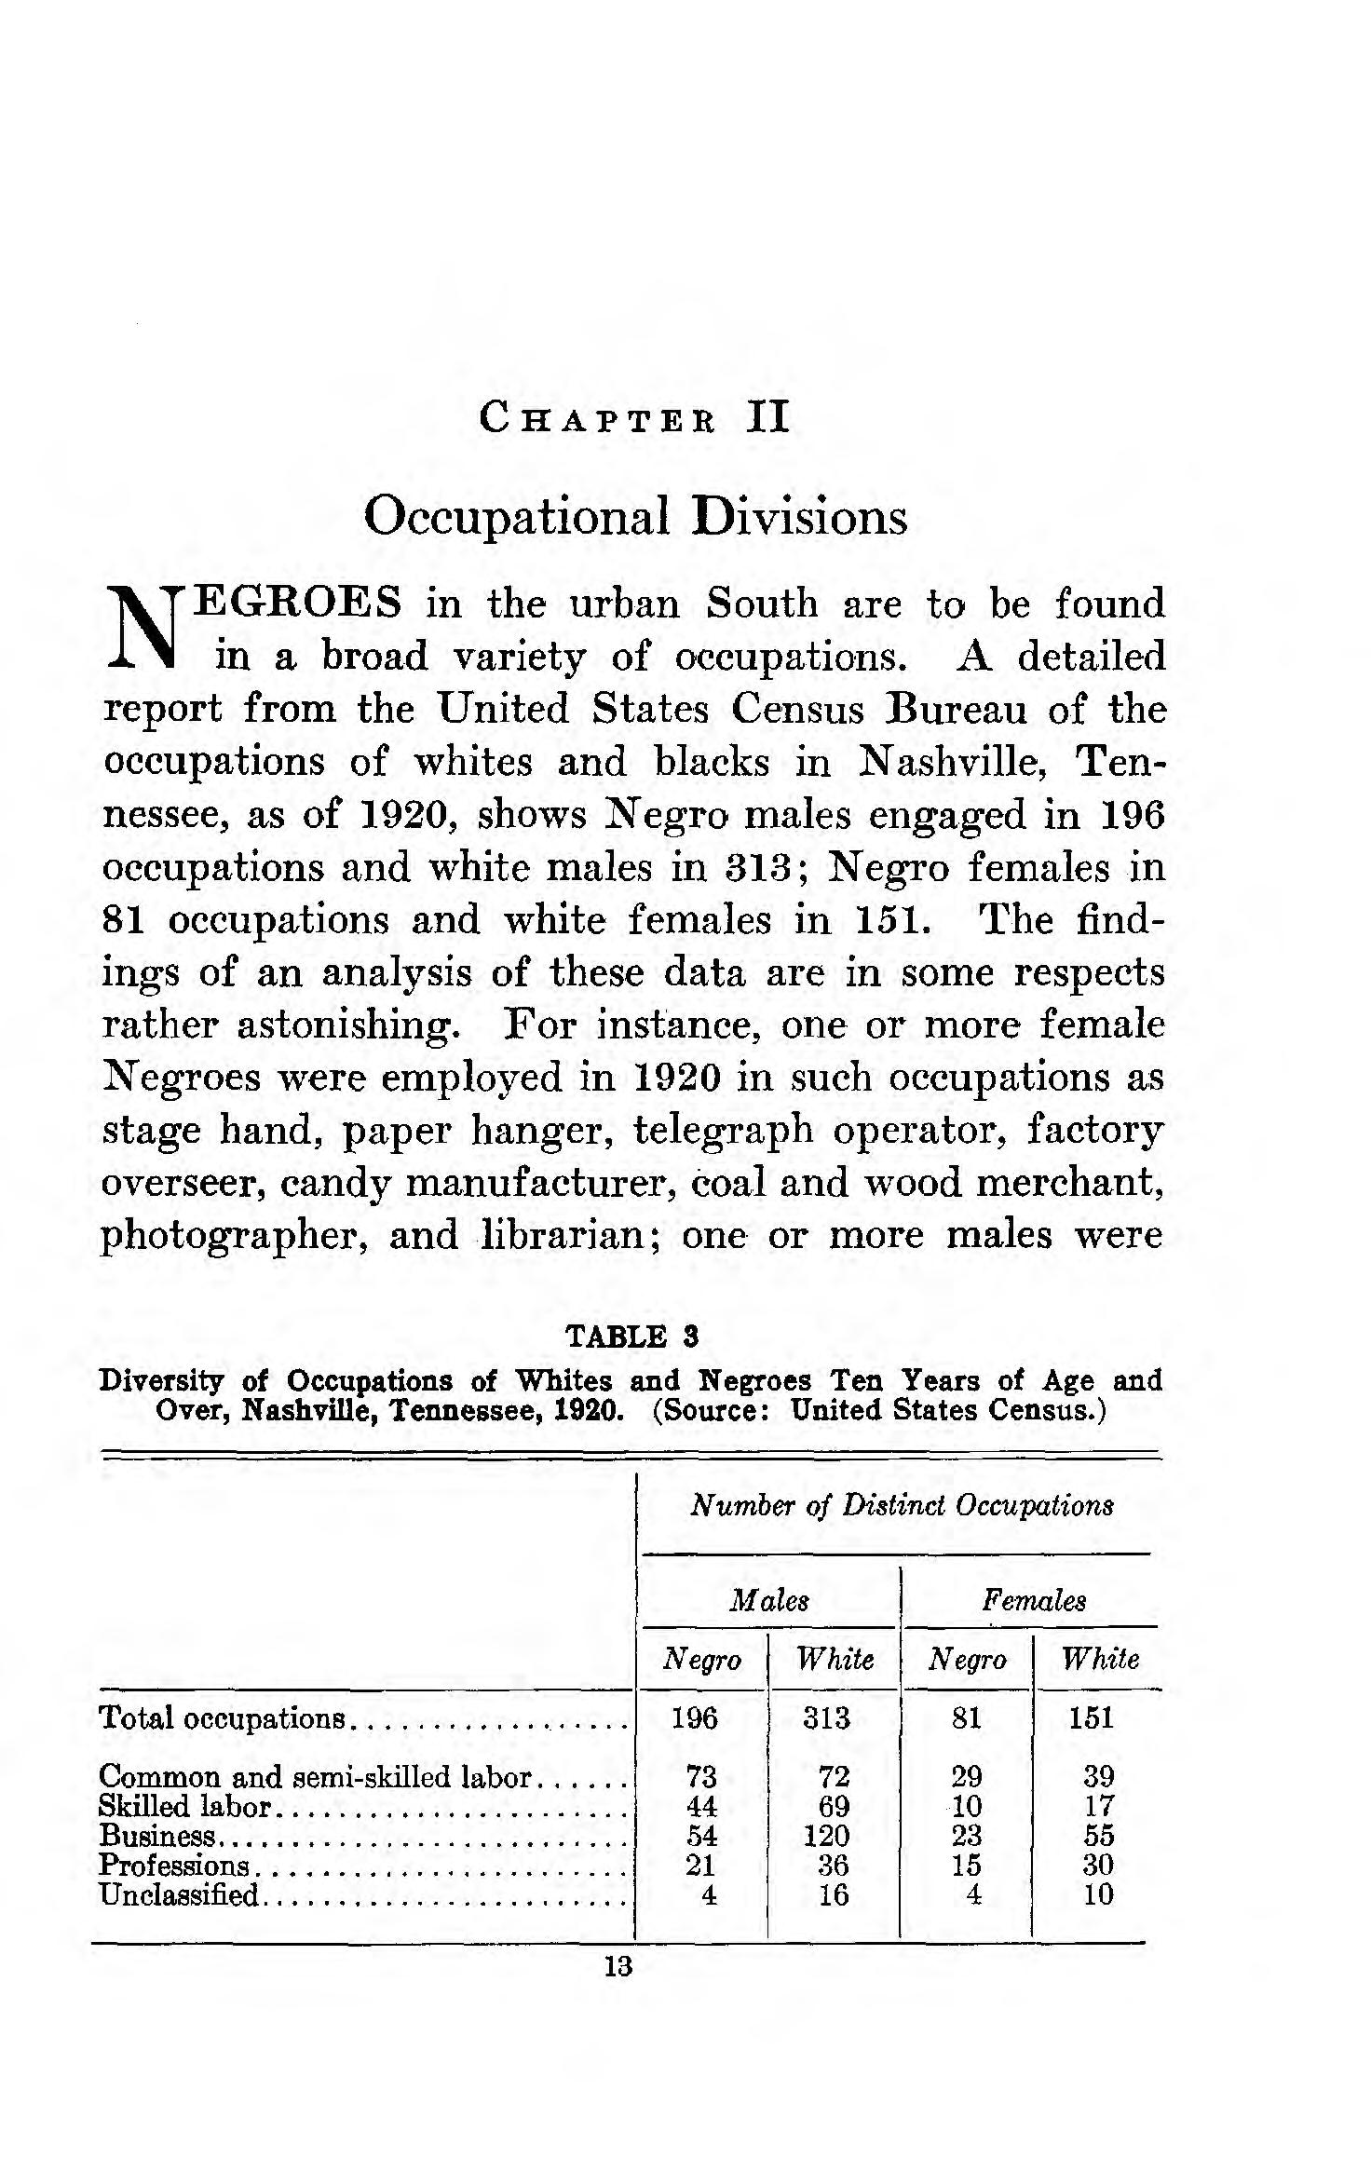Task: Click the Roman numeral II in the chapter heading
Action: coord(768,416)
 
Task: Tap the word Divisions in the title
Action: coord(799,517)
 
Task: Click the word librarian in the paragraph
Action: coord(571,1236)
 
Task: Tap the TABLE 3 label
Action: coord(632,1337)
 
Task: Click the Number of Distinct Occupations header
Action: coord(902,1506)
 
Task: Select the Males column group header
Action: coord(769,1600)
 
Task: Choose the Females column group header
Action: coord(1034,1600)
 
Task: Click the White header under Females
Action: coord(1100,1659)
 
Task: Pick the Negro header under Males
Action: coord(701,1659)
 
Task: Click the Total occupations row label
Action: coord(223,1717)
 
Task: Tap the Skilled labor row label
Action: coord(184,1806)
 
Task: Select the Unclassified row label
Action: coord(178,1894)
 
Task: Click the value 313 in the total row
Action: coord(827,1717)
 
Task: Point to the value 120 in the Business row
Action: coord(827,1836)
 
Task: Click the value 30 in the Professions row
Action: coord(1099,1865)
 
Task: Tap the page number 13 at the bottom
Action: coord(618,1966)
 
